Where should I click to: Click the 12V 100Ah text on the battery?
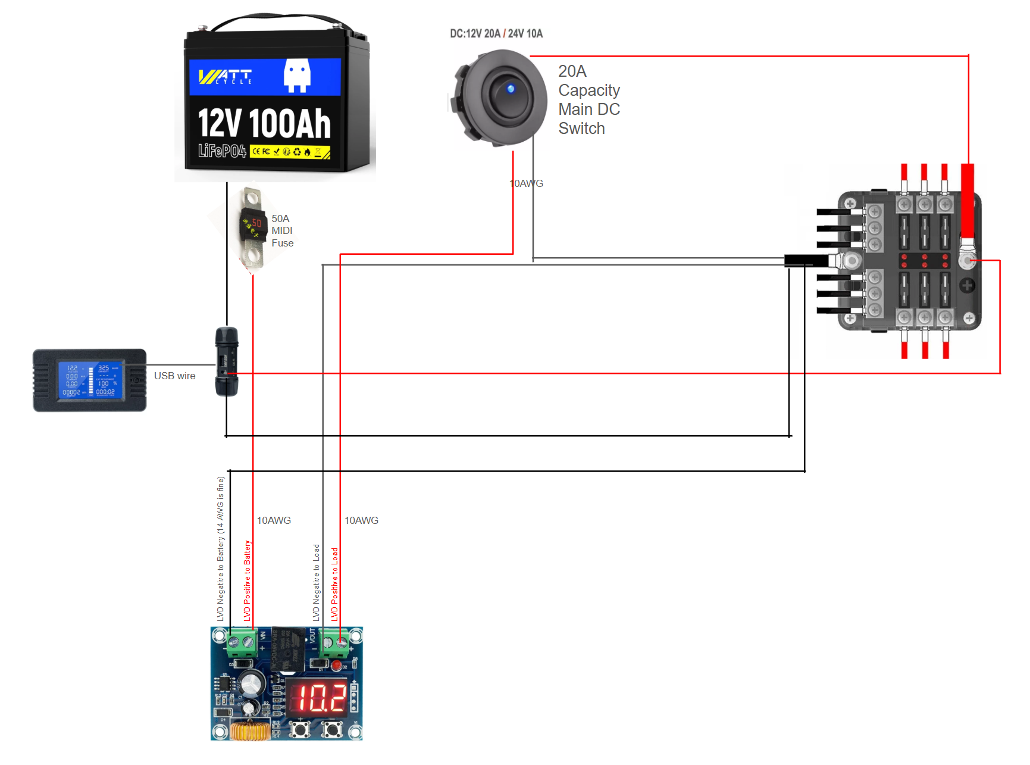pos(264,124)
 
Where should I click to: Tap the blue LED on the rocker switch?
pos(511,89)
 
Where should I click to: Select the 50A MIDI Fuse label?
pos(282,231)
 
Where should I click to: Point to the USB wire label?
pos(174,376)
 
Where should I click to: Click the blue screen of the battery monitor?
pos(90,380)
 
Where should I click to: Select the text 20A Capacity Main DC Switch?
pos(588,100)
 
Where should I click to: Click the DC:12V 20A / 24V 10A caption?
pos(496,34)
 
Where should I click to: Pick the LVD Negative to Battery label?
pos(221,548)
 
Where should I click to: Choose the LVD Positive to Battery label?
pos(248,580)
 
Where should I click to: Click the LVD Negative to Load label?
pos(316,582)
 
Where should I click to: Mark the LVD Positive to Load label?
pos(334,584)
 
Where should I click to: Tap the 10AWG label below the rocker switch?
pos(527,183)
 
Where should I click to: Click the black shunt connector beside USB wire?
pos(227,361)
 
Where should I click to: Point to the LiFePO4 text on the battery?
pos(222,151)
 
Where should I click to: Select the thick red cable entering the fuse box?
pos(968,202)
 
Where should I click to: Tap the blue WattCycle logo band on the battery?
pos(265,77)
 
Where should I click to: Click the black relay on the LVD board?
pos(289,649)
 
